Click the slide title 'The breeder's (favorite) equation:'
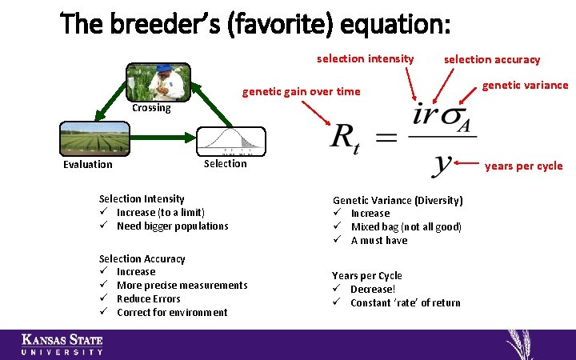click(257, 25)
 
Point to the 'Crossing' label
click(151, 108)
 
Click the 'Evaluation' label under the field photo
click(88, 165)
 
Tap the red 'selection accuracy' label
click(491, 59)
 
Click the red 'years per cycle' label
click(523, 166)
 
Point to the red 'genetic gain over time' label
click(301, 91)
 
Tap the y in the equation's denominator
click(440, 163)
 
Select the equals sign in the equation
click(386, 138)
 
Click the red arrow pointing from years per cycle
click(468, 164)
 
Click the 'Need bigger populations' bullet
click(172, 226)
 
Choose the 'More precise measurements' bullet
click(182, 286)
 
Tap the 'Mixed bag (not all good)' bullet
click(406, 227)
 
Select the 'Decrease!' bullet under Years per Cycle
click(373, 290)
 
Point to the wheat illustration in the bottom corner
click(524, 344)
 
